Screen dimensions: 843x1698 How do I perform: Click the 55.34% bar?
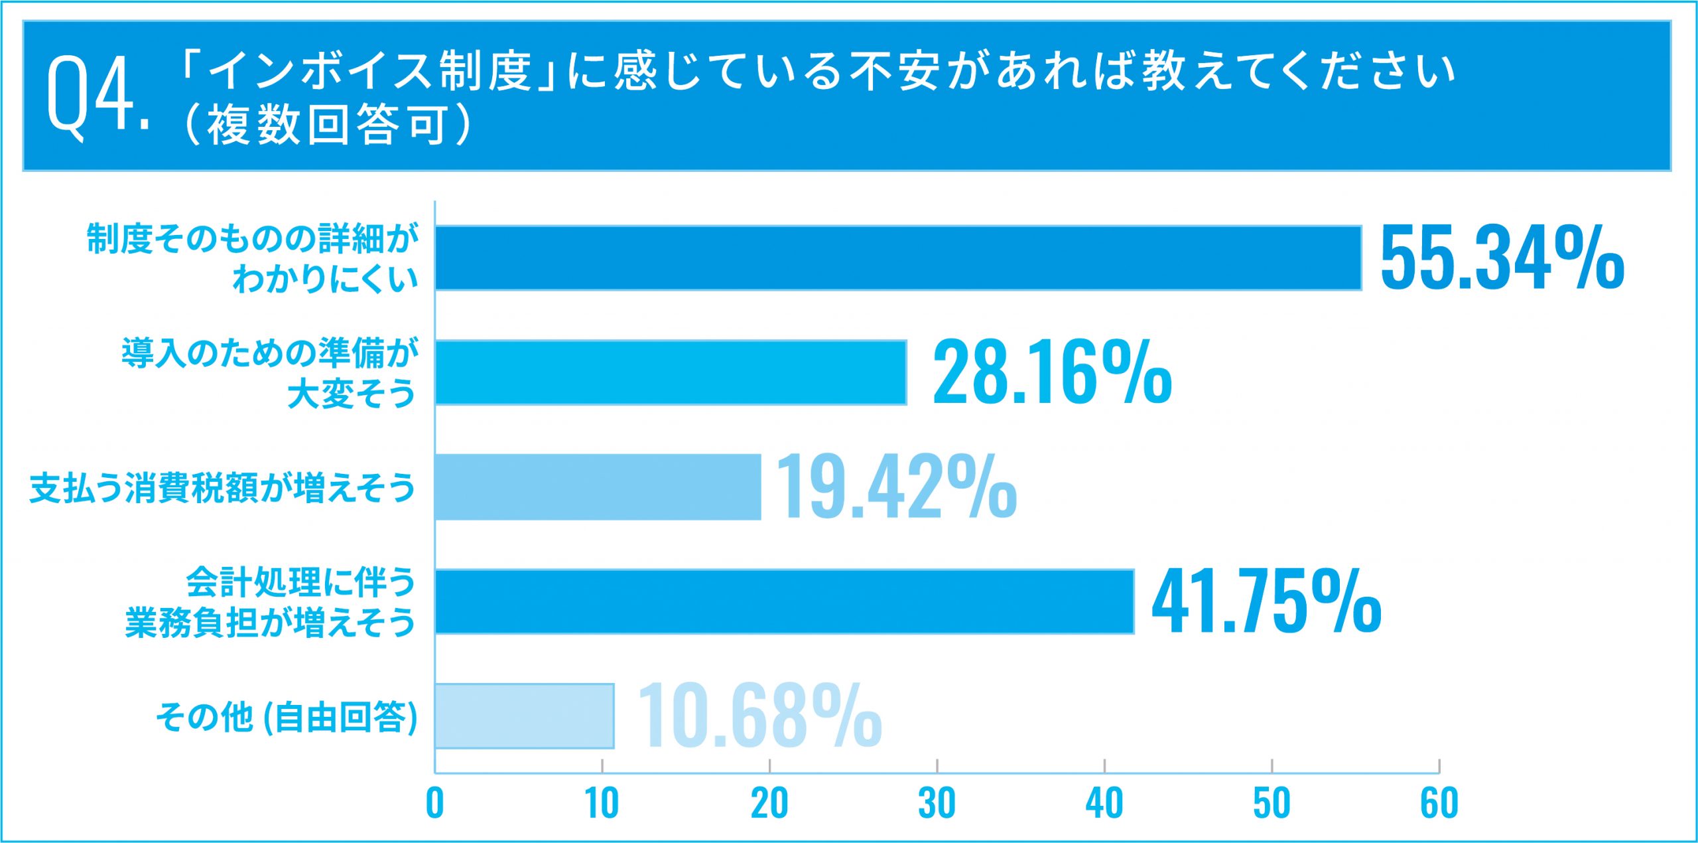898,258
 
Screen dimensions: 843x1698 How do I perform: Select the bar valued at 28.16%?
671,372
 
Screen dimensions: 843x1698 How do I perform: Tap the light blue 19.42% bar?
598,487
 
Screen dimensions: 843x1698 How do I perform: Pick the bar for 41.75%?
785,601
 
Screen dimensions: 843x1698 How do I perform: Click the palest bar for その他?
524,716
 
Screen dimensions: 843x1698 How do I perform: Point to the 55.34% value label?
1502,258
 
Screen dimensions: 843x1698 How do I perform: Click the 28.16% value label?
1052,372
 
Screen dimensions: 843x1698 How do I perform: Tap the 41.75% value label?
1266,601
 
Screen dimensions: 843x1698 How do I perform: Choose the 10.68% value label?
759,716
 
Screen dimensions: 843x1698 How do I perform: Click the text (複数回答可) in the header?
326,125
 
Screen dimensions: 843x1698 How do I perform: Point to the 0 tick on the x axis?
434,803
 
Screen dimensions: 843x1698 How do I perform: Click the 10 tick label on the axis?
602,803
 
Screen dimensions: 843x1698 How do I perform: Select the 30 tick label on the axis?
937,803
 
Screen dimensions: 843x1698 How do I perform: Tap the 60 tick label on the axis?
1439,803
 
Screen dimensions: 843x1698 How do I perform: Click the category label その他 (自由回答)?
287,718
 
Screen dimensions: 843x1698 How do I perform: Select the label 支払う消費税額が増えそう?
222,489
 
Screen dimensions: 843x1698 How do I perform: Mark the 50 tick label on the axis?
1272,803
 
